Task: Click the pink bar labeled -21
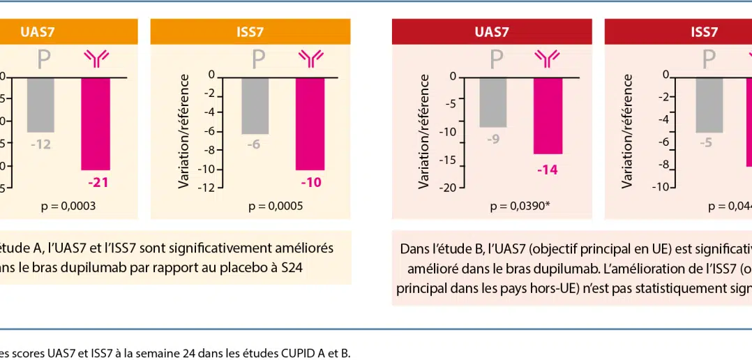(x=96, y=123)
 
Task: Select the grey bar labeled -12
(x=40, y=105)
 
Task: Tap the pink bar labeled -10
(x=310, y=123)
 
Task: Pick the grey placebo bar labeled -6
(x=255, y=105)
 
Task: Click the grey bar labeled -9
(x=493, y=102)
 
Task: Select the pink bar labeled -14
(x=548, y=115)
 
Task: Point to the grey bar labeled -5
(x=709, y=105)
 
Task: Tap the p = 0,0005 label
(x=276, y=207)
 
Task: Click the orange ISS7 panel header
(x=250, y=31)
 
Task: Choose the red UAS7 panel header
(x=492, y=31)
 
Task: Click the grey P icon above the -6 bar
(x=258, y=60)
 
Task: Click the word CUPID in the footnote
(x=291, y=353)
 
